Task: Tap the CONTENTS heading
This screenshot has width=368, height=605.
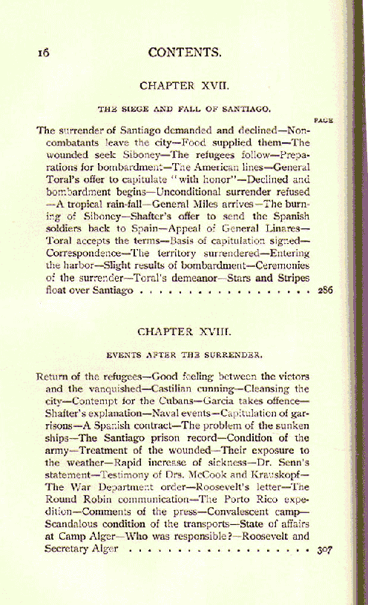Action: pyautogui.click(x=185, y=53)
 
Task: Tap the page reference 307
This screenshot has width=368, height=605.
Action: pyautogui.click(x=323, y=550)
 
